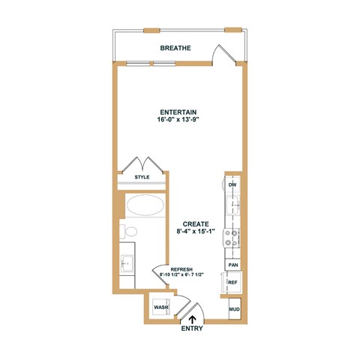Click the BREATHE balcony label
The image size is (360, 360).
(175, 48)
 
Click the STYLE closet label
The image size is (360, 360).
(141, 177)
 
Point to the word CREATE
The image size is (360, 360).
(195, 223)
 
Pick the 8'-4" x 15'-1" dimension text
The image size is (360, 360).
(195, 232)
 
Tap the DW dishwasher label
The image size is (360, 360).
(232, 184)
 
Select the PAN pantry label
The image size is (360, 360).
(233, 265)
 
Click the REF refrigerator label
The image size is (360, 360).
(232, 283)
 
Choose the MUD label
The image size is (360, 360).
(233, 308)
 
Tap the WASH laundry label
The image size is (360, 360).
(160, 307)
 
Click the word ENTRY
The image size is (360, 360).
(192, 328)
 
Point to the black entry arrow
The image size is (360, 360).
(190, 316)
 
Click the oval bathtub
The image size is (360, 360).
(146, 205)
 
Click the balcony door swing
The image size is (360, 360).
(221, 54)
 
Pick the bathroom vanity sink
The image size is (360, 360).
(126, 263)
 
